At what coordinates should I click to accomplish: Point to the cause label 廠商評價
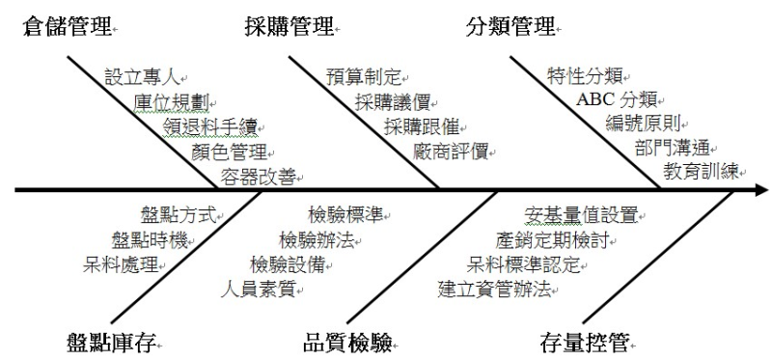tap(450, 152)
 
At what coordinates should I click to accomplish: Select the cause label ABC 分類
tap(617, 99)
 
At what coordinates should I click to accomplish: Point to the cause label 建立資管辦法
tap(492, 287)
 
